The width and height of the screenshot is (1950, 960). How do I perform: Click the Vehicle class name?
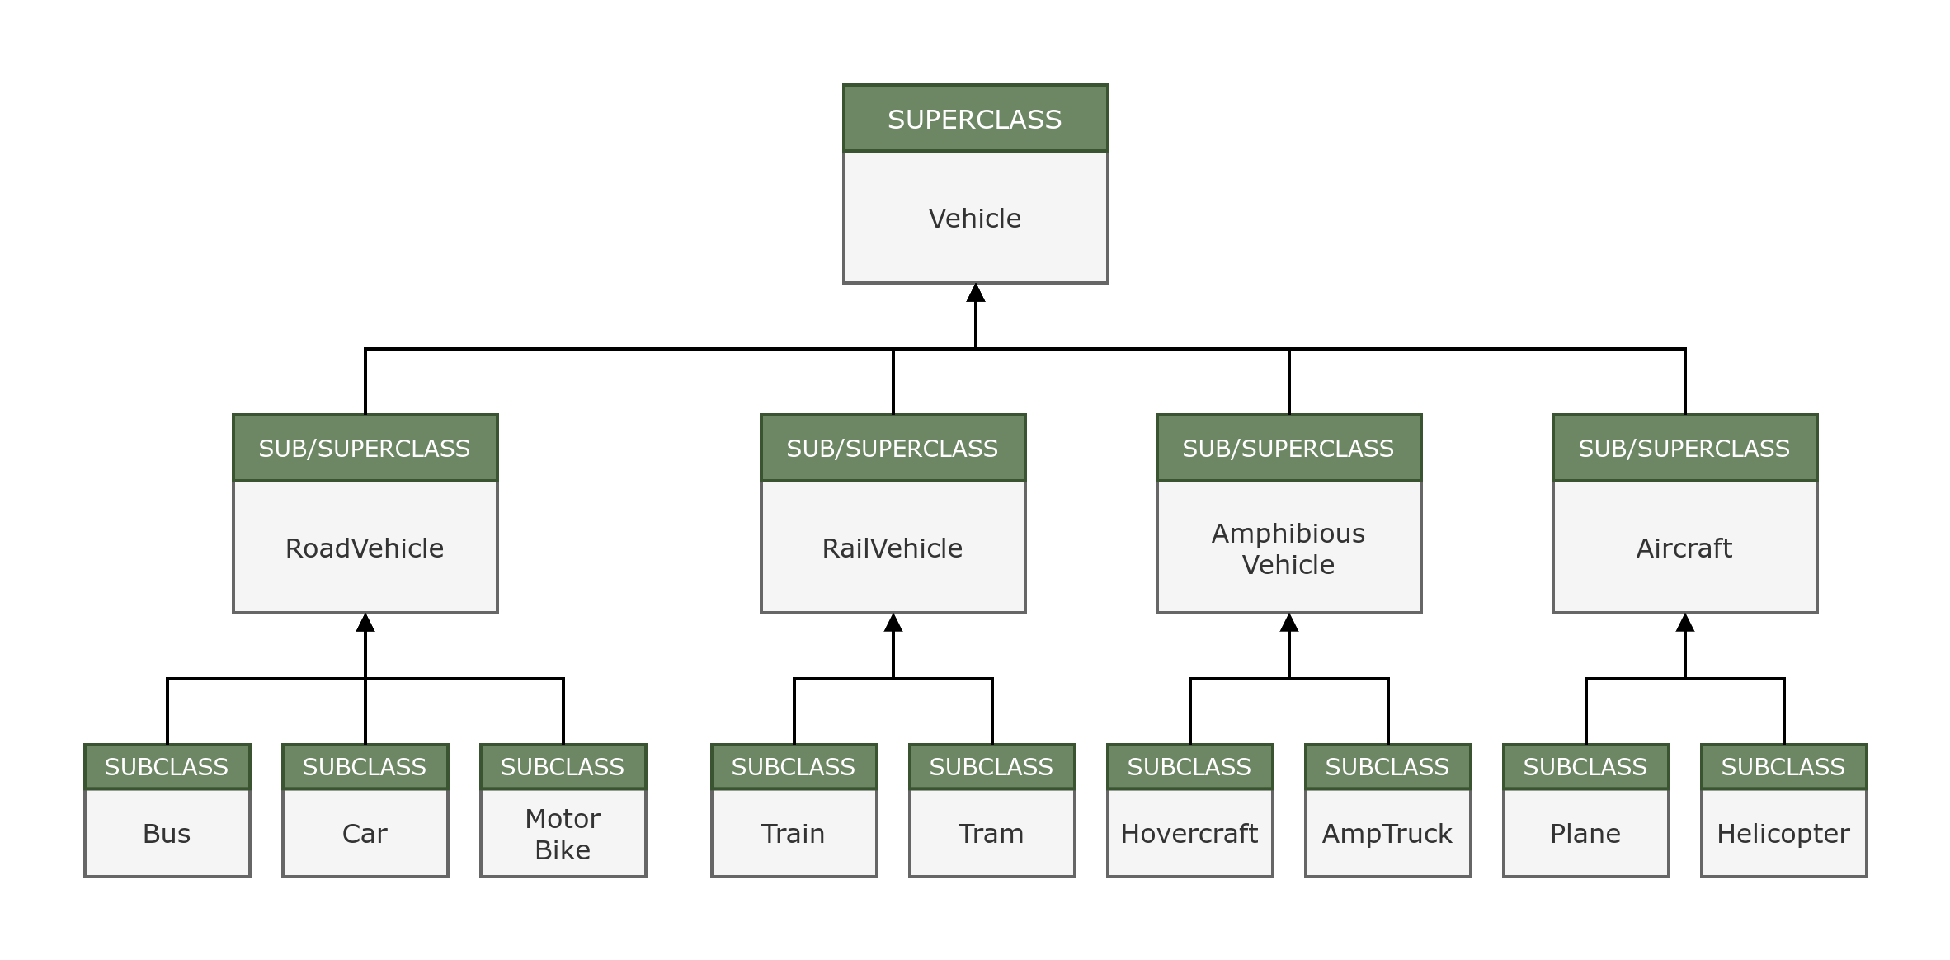pyautogui.click(x=975, y=219)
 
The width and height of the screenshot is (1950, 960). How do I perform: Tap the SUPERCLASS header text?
pyautogui.click(x=975, y=120)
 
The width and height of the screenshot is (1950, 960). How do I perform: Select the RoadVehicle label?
pyautogui.click(x=365, y=548)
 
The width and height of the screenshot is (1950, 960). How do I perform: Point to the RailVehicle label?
pyautogui.click(x=893, y=548)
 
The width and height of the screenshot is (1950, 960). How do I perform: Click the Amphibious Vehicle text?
pyautogui.click(x=1288, y=549)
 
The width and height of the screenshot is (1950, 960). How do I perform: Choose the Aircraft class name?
pyautogui.click(x=1684, y=548)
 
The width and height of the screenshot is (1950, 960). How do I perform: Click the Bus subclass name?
pyautogui.click(x=167, y=834)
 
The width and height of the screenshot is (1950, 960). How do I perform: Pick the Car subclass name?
pyautogui.click(x=365, y=834)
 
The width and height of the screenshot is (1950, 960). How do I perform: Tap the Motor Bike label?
pyautogui.click(x=563, y=834)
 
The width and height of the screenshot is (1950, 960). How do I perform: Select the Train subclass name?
pyautogui.click(x=794, y=834)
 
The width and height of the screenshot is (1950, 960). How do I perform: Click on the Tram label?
pyautogui.click(x=991, y=834)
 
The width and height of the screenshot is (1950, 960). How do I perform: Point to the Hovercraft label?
pyautogui.click(x=1189, y=834)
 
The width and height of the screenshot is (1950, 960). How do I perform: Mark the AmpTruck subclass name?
pyautogui.click(x=1387, y=834)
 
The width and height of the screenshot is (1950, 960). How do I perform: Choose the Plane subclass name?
pyautogui.click(x=1585, y=834)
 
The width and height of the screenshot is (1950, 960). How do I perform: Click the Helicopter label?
pyautogui.click(x=1783, y=834)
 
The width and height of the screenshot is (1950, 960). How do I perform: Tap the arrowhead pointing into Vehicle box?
pyautogui.click(x=976, y=294)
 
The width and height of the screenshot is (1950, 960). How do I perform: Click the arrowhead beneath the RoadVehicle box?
pyautogui.click(x=365, y=624)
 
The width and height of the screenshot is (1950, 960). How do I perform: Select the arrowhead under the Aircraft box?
pyautogui.click(x=1685, y=624)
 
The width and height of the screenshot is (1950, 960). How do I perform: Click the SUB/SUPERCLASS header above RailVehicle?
pyautogui.click(x=893, y=449)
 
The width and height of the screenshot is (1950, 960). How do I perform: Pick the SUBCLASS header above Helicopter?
pyautogui.click(x=1783, y=767)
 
